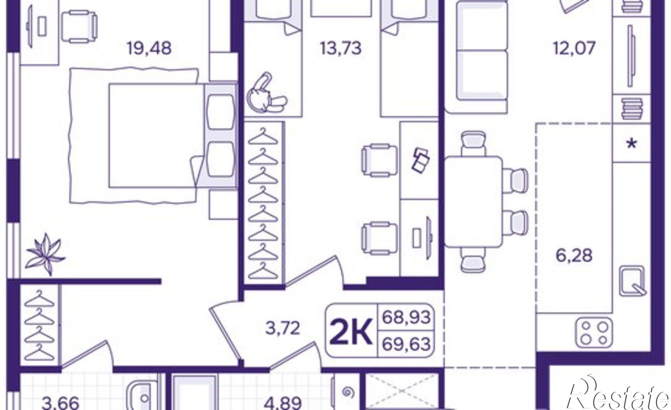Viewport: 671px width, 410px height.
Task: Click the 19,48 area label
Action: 149,48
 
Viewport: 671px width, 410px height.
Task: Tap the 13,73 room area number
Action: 341,48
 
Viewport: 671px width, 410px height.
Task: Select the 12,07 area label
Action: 574,48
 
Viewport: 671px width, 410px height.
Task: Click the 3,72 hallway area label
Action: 282,329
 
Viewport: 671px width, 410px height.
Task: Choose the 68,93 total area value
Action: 406,316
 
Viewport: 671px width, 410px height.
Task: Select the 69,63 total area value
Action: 406,344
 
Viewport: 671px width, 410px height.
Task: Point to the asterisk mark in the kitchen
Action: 632,144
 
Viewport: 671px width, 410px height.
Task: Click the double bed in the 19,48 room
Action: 156,135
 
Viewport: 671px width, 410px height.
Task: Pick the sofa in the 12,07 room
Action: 476,57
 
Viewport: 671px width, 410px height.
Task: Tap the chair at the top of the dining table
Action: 474,143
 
